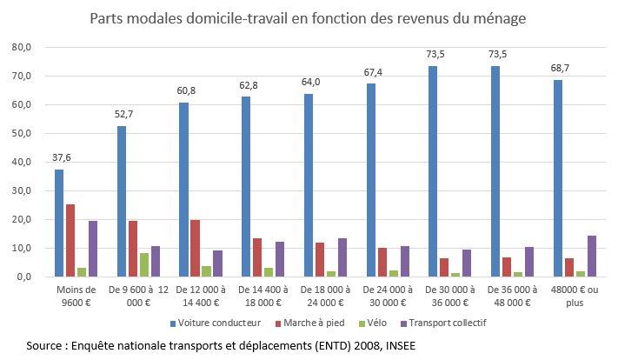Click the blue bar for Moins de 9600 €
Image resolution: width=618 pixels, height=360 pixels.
pyautogui.click(x=59, y=223)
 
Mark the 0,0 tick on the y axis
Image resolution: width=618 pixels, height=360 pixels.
pyautogui.click(x=23, y=277)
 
